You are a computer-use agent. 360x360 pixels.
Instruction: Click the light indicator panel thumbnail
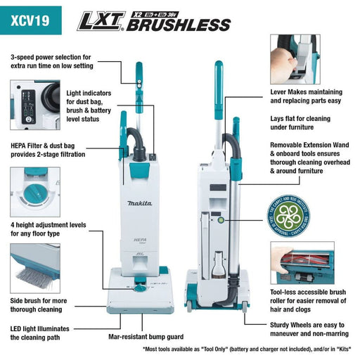pyautogui.click(x=32, y=103)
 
